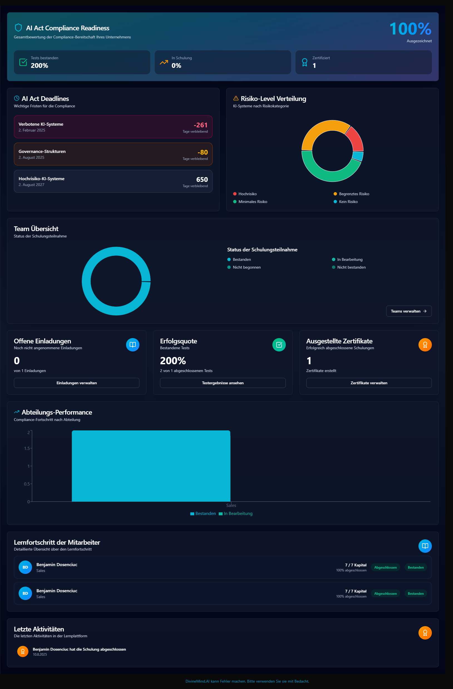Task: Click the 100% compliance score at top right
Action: click(410, 29)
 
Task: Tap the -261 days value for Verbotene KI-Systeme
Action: click(200, 125)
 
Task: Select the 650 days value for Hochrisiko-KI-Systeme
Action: click(202, 180)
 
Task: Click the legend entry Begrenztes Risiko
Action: click(354, 194)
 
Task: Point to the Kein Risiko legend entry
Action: click(348, 202)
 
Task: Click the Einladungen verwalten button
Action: click(77, 383)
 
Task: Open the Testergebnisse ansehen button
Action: click(222, 383)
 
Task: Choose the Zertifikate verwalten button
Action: click(369, 383)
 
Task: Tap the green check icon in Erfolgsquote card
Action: click(279, 345)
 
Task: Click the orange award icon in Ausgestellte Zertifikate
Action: click(425, 345)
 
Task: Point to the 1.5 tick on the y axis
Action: click(27, 448)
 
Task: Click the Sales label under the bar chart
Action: click(231, 505)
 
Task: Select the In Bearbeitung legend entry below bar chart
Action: click(238, 514)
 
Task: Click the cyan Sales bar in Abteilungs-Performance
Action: click(151, 466)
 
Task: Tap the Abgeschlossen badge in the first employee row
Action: click(385, 567)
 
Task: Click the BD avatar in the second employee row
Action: click(25, 593)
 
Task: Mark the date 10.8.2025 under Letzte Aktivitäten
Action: click(40, 655)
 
